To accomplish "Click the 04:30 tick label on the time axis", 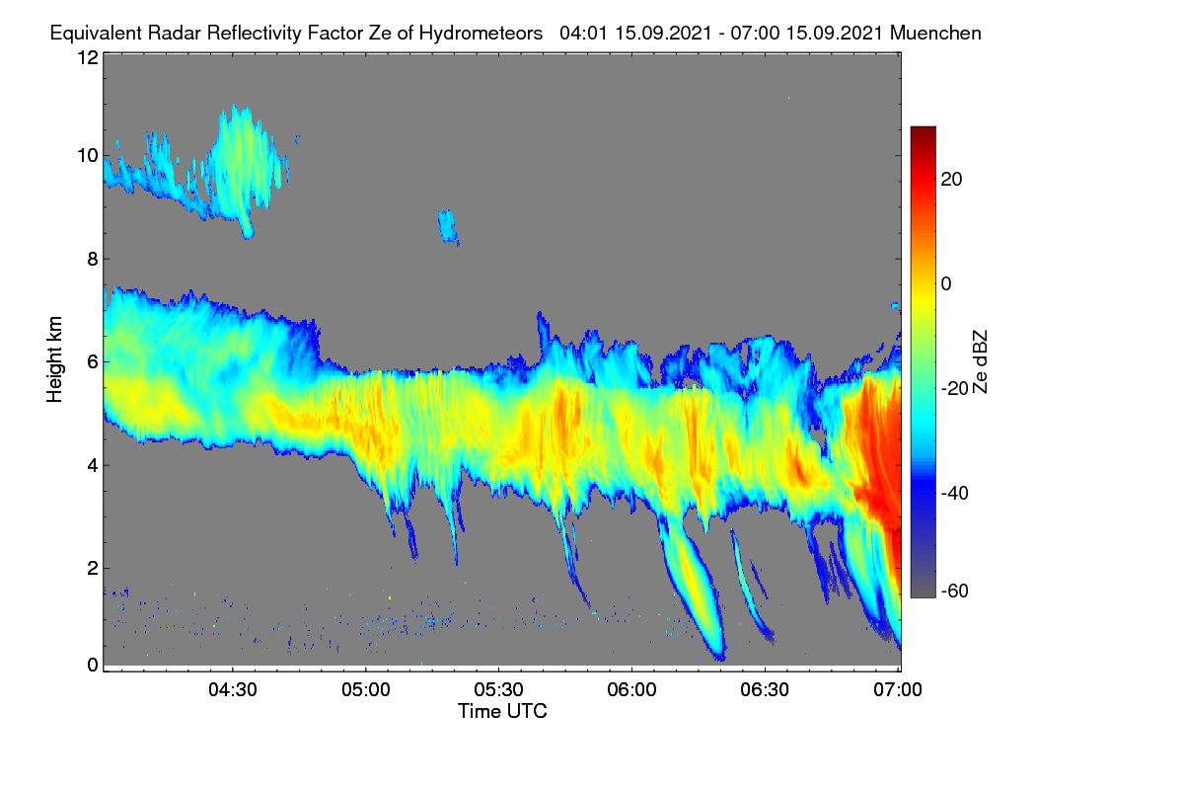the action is click(233, 689).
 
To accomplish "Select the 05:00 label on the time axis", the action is click(366, 689).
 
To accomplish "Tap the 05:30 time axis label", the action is click(498, 689).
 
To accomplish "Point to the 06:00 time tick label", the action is click(631, 689).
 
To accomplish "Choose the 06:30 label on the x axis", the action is click(765, 689).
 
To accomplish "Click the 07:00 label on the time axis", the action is click(898, 689).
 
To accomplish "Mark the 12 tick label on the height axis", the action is click(88, 57).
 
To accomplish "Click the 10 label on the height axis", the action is click(88, 156).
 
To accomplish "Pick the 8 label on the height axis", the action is click(93, 259).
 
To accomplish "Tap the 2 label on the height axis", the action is click(93, 568).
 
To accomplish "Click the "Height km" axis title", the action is click(54, 359).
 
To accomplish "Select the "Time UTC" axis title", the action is click(502, 711).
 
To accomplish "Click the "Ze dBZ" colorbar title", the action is click(980, 361).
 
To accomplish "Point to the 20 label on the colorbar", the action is click(951, 180).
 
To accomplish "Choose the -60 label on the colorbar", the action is click(955, 591).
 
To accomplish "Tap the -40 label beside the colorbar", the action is click(955, 493).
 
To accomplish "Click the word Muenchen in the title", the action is click(935, 33).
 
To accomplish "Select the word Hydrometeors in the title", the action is click(481, 34).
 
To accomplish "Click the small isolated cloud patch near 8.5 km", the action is click(448, 226).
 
